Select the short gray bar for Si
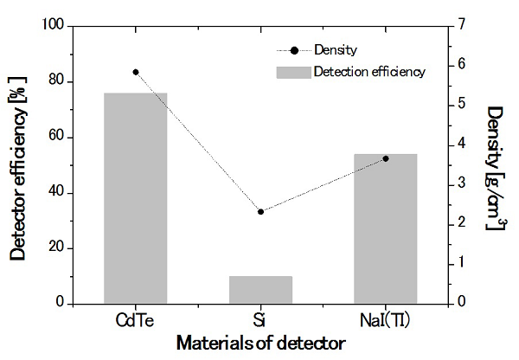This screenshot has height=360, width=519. pyautogui.click(x=260, y=290)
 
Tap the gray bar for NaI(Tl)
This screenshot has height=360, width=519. pyautogui.click(x=385, y=228)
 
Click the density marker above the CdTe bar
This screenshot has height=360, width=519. pyautogui.click(x=136, y=72)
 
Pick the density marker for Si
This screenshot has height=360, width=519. pyautogui.click(x=260, y=211)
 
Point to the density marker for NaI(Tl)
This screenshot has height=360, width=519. pyautogui.click(x=386, y=158)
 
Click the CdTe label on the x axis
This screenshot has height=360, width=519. pyautogui.click(x=135, y=319)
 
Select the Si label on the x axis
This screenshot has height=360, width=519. pyautogui.click(x=260, y=319)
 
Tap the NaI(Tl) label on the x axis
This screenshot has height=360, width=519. pyautogui.click(x=386, y=319)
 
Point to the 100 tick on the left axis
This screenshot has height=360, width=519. pyautogui.click(x=54, y=26)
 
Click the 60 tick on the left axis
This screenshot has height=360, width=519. pyautogui.click(x=57, y=137)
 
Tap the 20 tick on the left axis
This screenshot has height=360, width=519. pyautogui.click(x=57, y=247)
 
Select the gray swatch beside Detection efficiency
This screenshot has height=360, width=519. pyautogui.click(x=292, y=72)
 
